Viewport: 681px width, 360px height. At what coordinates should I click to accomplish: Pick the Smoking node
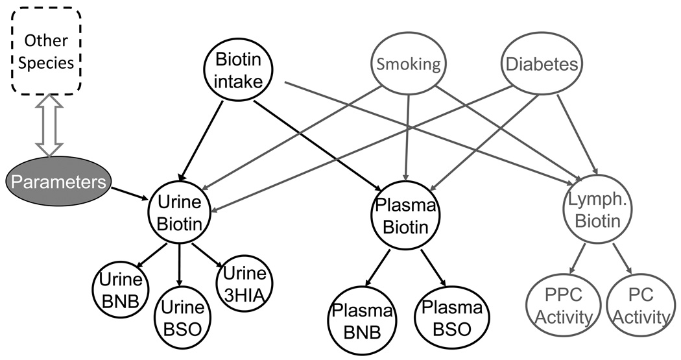click(408, 64)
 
